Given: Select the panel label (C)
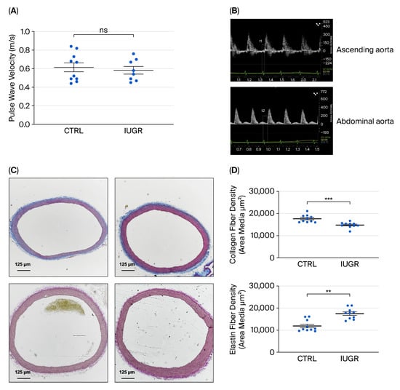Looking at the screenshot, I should pyautogui.click(x=14, y=169).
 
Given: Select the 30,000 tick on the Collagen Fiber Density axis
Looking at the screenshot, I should pyautogui.click(x=270, y=191).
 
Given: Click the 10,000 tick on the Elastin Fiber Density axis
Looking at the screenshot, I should pyautogui.click(x=270, y=330).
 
